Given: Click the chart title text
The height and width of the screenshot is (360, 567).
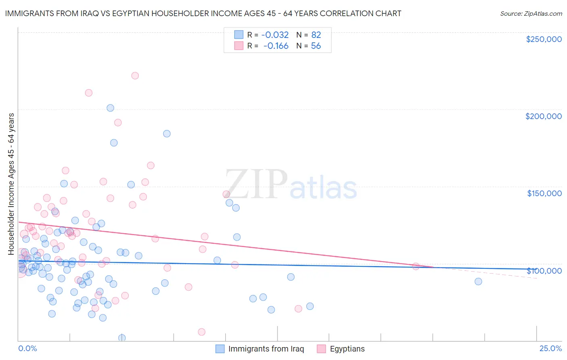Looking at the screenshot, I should pyautogui.click(x=203, y=13).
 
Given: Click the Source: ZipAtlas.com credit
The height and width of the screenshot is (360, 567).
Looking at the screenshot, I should pyautogui.click(x=531, y=13).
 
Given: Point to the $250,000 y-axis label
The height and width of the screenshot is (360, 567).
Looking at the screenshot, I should pyautogui.click(x=544, y=39).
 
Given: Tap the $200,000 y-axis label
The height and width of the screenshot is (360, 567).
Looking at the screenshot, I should pyautogui.click(x=543, y=116).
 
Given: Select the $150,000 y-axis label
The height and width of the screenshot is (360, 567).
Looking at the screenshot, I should pyautogui.click(x=544, y=193).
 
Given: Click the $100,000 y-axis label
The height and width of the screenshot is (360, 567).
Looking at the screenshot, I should pyautogui.click(x=544, y=270).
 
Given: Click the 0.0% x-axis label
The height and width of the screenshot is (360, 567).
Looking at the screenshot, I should pyautogui.click(x=27, y=348).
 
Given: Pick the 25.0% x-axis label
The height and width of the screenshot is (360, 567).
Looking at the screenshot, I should pyautogui.click(x=550, y=348).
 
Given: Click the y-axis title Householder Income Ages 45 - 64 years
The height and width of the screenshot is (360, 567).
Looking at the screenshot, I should pyautogui.click(x=11, y=184).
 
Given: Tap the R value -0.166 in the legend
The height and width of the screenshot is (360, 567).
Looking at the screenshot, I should pyautogui.click(x=276, y=46).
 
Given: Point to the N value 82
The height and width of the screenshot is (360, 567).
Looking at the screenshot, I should pyautogui.click(x=316, y=35).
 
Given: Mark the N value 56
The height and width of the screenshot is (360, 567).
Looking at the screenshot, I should pyautogui.click(x=316, y=46).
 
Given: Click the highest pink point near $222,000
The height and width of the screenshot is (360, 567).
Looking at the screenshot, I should pyautogui.click(x=135, y=76).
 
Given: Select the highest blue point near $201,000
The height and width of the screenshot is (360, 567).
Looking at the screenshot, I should pyautogui.click(x=110, y=108).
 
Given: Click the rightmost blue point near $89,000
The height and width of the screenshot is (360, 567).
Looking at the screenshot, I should pyautogui.click(x=478, y=281).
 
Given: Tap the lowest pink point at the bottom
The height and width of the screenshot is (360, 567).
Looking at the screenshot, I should pyautogui.click(x=202, y=332).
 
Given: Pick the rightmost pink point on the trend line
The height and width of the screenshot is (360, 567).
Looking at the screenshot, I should pyautogui.click(x=415, y=266).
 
